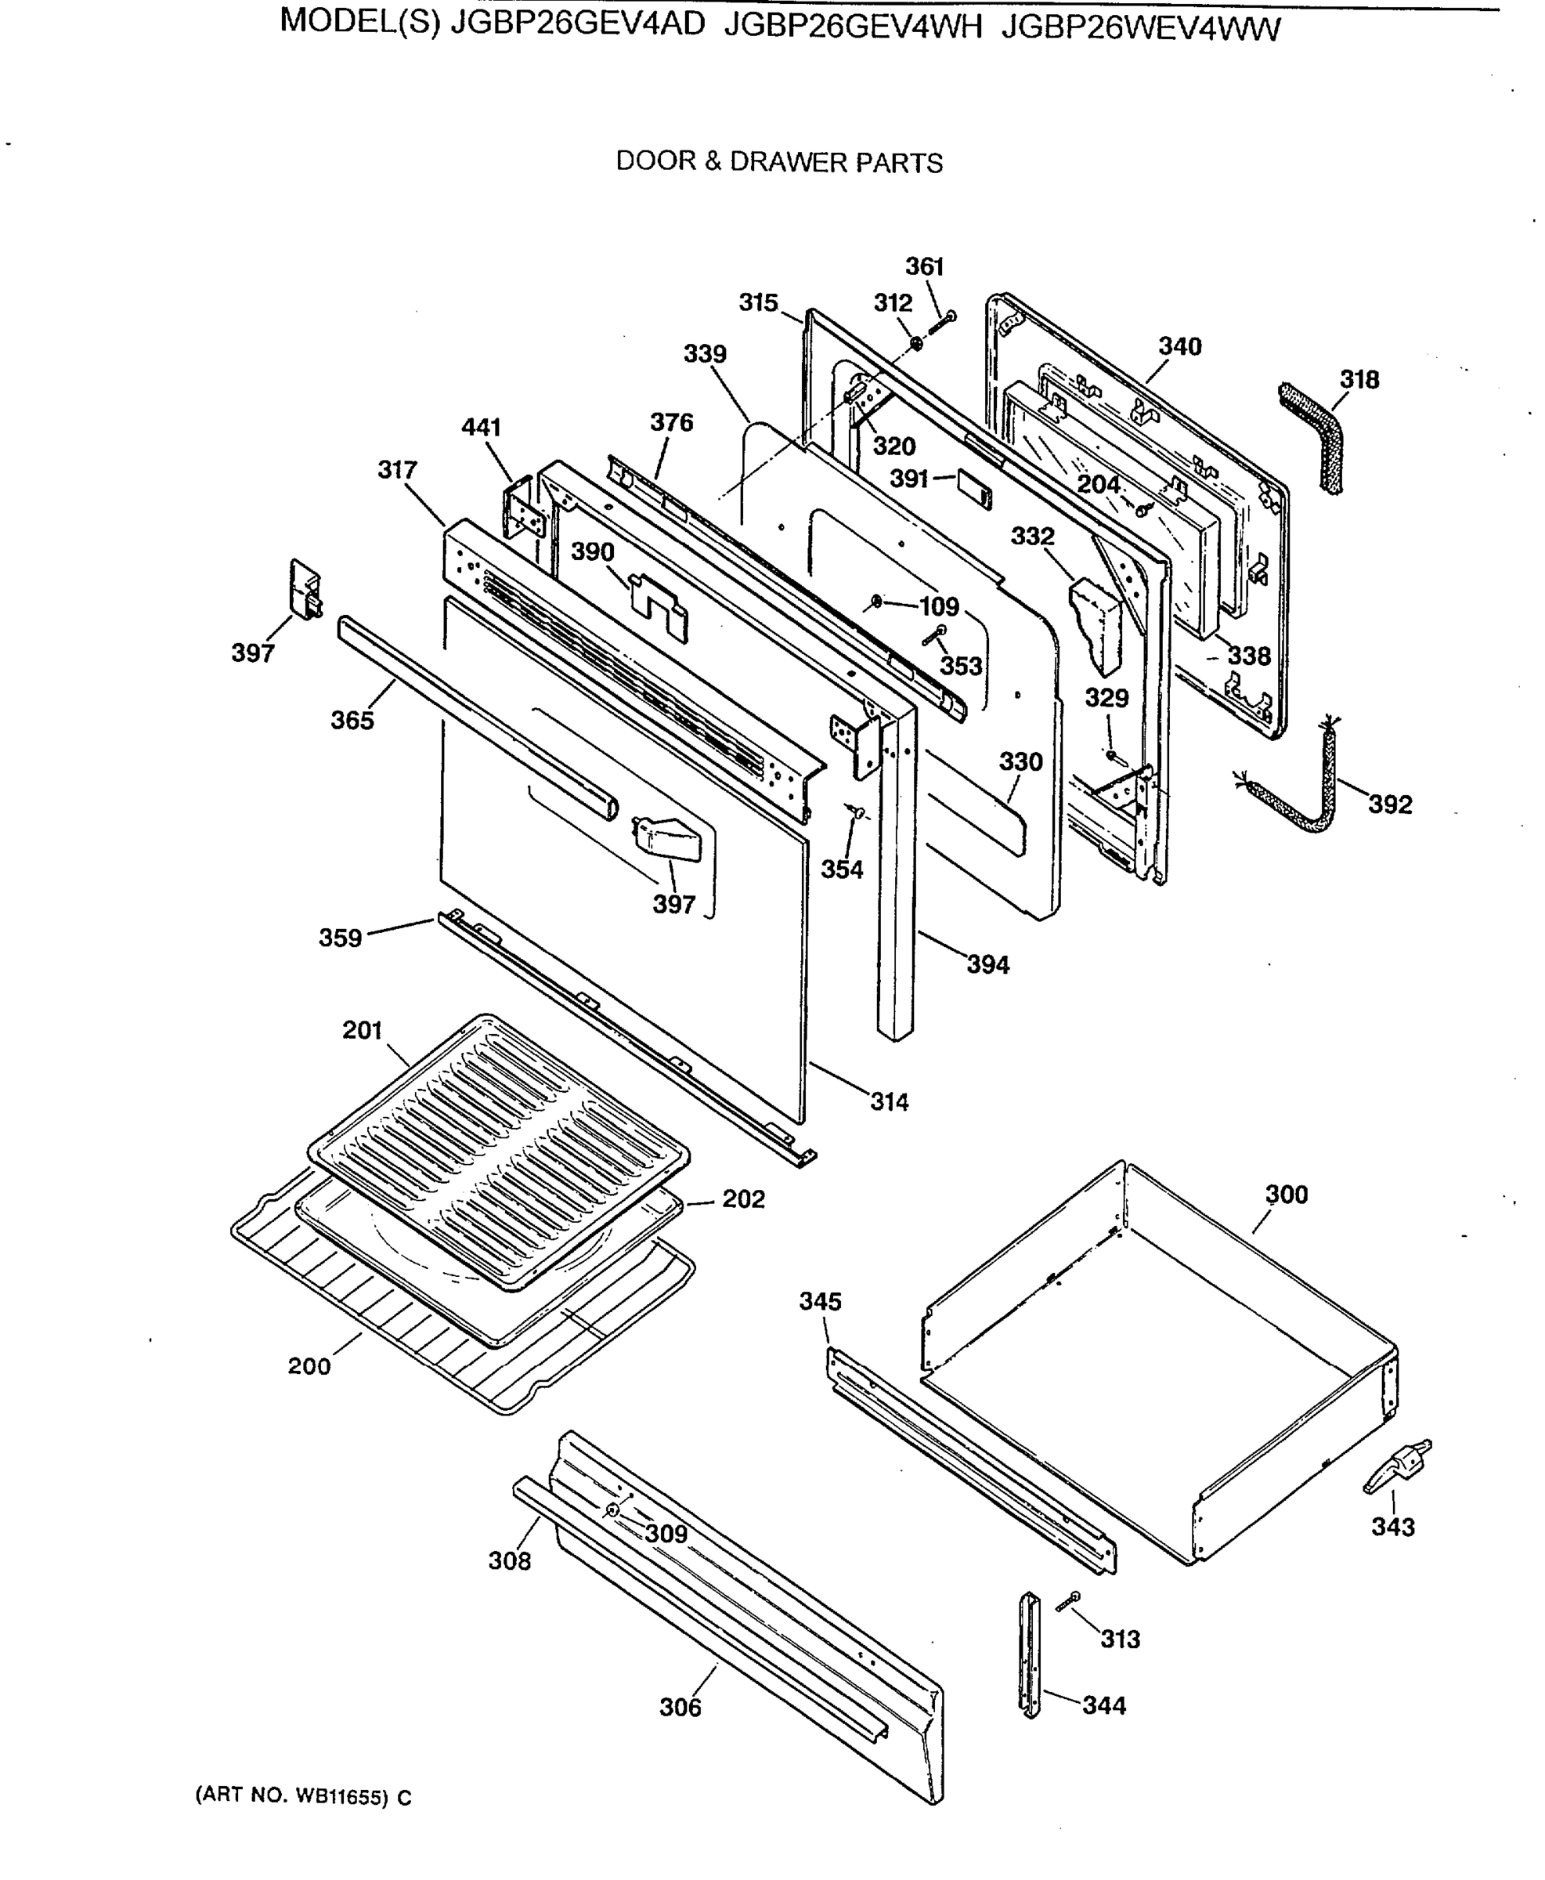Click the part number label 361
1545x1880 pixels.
tap(924, 266)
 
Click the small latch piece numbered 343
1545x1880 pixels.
tap(1397, 1469)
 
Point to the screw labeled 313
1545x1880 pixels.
tap(1068, 1600)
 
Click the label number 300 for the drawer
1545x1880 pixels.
tap(1286, 1195)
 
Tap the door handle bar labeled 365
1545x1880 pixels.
tap(471, 712)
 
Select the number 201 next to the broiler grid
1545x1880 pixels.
tap(363, 1030)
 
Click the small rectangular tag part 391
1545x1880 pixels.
tap(973, 489)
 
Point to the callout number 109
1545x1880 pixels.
tap(939, 607)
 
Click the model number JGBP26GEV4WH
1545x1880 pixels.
tap(853, 28)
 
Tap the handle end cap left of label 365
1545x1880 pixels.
tap(305, 588)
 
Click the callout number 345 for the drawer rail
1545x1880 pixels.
tap(820, 1301)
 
